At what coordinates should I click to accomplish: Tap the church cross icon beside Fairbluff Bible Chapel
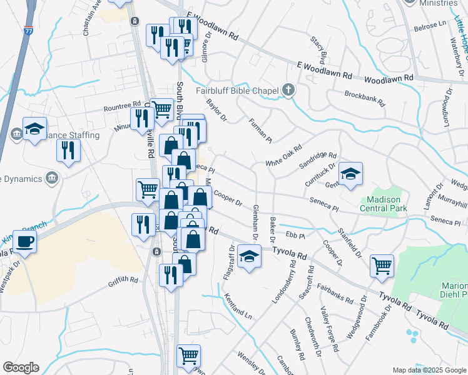click(288, 89)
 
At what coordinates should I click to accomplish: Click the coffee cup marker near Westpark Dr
click(25, 242)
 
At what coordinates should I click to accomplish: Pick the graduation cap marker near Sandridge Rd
click(350, 174)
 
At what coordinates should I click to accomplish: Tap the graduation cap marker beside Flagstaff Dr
click(249, 257)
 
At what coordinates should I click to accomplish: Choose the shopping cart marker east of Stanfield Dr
click(382, 266)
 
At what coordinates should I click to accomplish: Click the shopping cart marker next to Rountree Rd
click(162, 110)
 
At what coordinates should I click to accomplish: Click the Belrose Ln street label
click(432, 28)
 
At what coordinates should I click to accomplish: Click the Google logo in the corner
click(21, 367)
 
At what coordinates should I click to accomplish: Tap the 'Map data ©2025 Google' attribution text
click(429, 370)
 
